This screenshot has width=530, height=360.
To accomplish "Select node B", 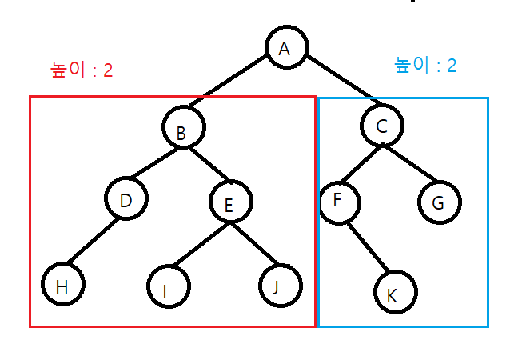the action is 183,128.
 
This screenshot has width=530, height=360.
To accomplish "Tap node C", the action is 381,124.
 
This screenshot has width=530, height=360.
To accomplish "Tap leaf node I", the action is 168,287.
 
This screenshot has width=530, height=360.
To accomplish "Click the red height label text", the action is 82,70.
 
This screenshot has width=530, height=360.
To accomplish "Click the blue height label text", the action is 426,65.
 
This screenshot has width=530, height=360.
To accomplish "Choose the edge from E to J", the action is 255,243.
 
